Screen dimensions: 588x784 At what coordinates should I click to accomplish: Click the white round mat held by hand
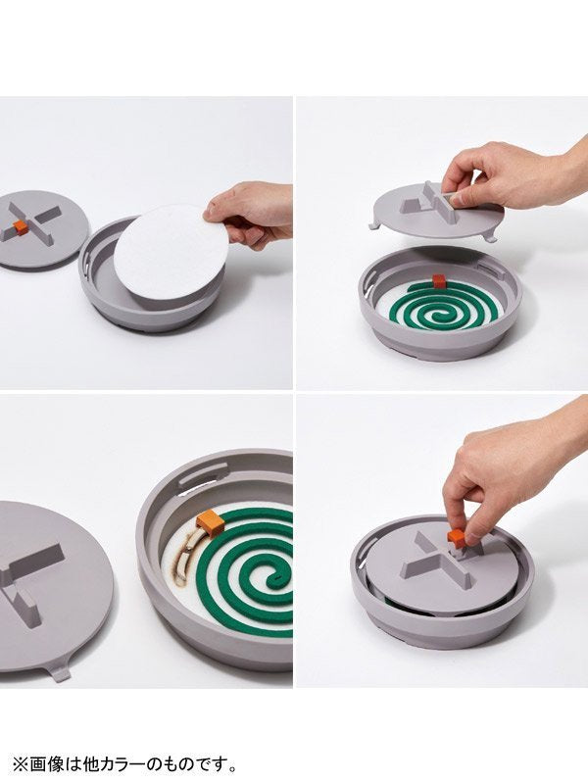(169, 252)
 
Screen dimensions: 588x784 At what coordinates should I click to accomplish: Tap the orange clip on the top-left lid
(20, 226)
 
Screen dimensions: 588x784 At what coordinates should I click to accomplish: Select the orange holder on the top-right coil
(438, 281)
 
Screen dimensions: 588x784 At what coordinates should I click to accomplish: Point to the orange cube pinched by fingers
(456, 538)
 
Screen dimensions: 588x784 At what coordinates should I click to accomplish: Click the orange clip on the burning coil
(210, 522)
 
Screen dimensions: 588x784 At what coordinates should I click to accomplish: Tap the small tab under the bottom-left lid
(60, 671)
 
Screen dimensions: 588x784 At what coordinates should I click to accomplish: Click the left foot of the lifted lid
(375, 224)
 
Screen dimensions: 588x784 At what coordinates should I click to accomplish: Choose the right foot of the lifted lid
(491, 236)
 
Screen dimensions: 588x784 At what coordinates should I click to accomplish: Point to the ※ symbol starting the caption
(21, 764)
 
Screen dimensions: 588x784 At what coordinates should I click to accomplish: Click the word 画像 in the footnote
(46, 764)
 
